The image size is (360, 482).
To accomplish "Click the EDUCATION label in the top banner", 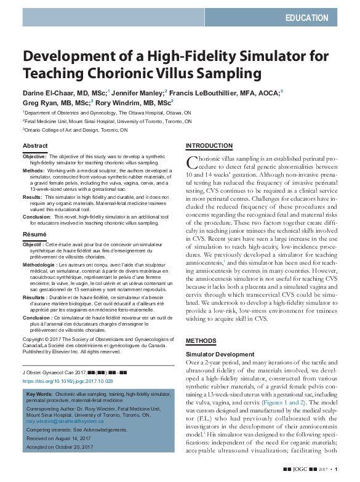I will point(306,18).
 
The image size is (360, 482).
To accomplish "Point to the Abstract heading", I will point(35,146).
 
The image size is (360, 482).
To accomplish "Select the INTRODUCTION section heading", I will point(209,146).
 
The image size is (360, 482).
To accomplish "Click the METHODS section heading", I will point(201,340).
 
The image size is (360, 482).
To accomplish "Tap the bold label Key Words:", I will point(40,393).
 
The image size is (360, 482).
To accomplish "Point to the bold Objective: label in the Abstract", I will point(34,157).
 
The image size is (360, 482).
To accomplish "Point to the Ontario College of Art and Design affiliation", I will point(76,131).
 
